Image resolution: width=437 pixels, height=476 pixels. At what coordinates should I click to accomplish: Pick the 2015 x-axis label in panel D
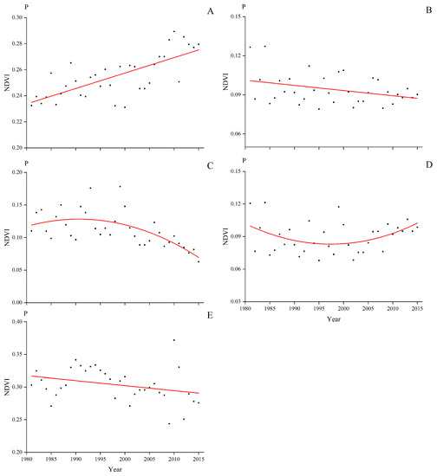[x=417, y=307]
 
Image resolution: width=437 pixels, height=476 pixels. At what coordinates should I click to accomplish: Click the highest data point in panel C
[x=120, y=186]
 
